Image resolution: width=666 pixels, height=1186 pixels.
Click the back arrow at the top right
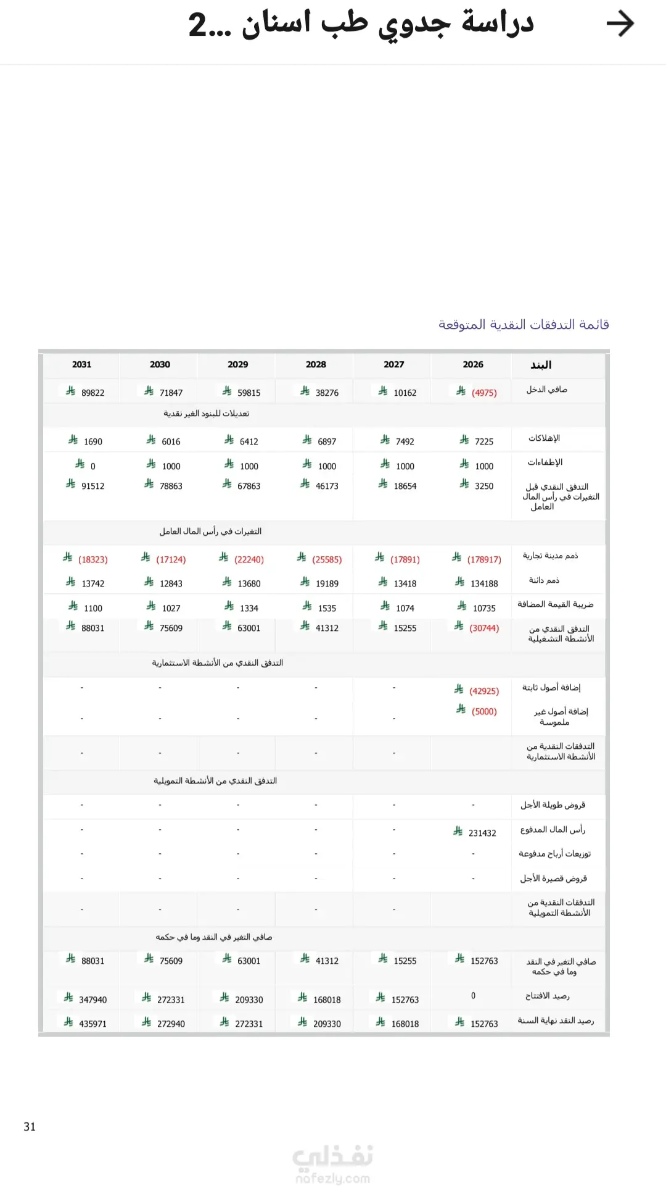(620, 24)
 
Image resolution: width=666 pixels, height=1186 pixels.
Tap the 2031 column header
(81, 364)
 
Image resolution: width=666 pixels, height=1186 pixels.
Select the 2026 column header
(473, 364)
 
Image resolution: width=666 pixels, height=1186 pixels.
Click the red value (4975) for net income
(484, 393)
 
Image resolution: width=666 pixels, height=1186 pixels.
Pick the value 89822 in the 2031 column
(92, 393)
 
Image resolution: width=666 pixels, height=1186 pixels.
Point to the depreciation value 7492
(405, 441)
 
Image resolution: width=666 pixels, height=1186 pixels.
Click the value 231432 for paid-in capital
(482, 833)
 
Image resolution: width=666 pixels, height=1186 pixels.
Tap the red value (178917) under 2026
(484, 559)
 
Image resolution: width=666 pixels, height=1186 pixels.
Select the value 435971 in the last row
(92, 1024)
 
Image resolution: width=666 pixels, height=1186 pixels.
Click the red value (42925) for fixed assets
(484, 691)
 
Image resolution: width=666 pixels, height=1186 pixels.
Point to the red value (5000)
(484, 711)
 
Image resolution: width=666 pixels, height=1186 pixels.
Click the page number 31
(30, 1127)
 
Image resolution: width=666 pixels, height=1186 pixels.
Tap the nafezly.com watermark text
(333, 1178)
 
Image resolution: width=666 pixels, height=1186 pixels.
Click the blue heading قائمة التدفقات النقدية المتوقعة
(524, 325)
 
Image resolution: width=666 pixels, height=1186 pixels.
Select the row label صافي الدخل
(546, 390)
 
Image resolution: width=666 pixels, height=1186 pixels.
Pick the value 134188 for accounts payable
(484, 583)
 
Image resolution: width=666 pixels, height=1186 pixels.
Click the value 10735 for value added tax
(484, 608)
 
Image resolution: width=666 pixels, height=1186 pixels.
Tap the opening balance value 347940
(92, 1000)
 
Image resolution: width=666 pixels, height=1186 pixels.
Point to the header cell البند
(541, 365)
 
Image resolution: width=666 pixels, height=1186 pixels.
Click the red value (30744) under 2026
(484, 628)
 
